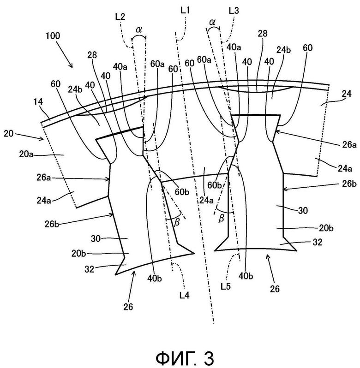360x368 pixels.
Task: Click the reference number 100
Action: point(53,36)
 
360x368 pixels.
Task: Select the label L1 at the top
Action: point(185,11)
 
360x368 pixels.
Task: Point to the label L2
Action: point(120,17)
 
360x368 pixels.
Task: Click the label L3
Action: point(234,11)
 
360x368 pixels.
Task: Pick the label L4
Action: point(184,295)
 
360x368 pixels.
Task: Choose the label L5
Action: point(226,286)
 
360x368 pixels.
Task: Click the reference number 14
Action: point(38,101)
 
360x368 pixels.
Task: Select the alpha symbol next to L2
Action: point(139,30)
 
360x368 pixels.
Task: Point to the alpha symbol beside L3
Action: point(212,22)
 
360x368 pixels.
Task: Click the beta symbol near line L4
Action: point(177,222)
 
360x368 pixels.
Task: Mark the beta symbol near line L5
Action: point(221,219)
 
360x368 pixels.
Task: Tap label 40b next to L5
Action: point(246,276)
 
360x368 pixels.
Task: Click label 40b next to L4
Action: point(155,279)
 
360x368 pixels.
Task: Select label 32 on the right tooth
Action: point(317,242)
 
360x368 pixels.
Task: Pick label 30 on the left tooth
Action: point(96,239)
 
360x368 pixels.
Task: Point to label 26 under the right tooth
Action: point(275,289)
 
